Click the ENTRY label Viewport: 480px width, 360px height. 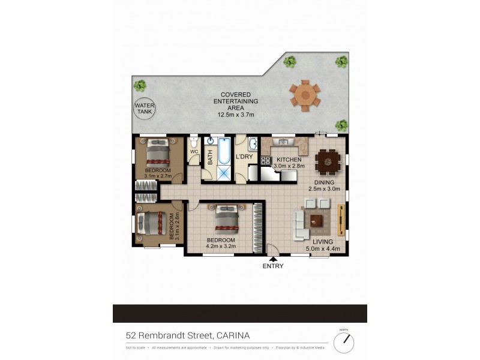coord(273,266)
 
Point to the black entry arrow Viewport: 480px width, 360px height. coord(273,259)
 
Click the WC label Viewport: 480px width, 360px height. coord(194,152)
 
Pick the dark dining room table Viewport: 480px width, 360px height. coord(328,160)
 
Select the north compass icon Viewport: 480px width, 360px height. coord(344,343)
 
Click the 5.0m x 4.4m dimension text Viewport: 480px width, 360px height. coord(323,247)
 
